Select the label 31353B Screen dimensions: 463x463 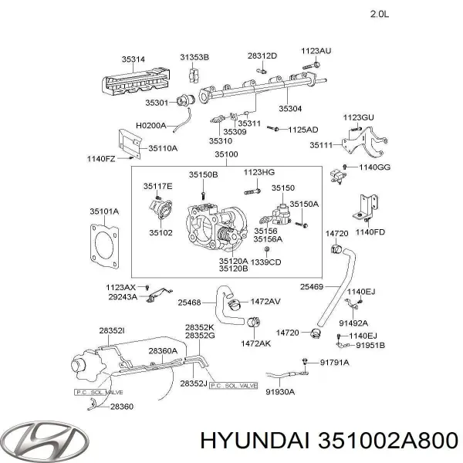[194, 58]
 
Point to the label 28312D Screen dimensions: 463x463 [262, 56]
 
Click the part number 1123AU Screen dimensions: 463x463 [316, 50]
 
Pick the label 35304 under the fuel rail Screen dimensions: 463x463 [291, 109]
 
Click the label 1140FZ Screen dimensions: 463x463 [100, 160]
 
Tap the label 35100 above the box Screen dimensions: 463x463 [226, 154]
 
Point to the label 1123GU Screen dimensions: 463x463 [358, 117]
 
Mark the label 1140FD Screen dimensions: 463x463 [370, 232]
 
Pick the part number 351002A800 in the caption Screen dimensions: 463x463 [384, 440]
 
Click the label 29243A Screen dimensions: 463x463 [122, 296]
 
